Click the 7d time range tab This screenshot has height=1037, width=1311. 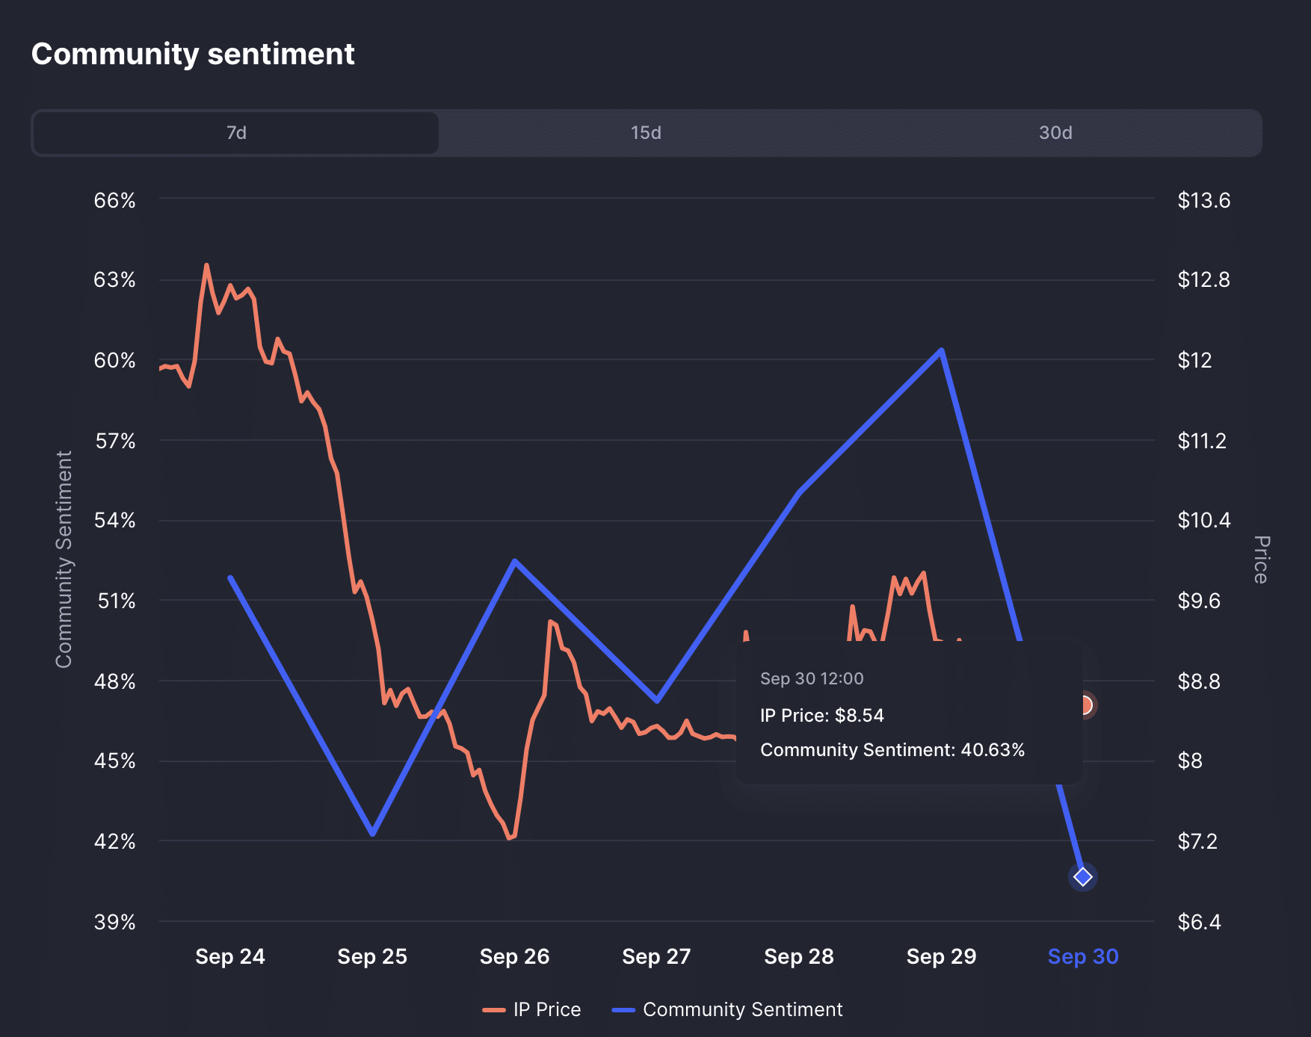click(x=236, y=133)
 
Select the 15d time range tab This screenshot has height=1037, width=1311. click(x=646, y=133)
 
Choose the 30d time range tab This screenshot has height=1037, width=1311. click(x=1055, y=133)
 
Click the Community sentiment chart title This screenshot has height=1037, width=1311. click(x=193, y=54)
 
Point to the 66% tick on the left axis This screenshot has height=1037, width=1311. click(x=114, y=200)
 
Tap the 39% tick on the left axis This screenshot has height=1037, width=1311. click(x=114, y=922)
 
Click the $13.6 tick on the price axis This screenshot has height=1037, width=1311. click(x=1203, y=200)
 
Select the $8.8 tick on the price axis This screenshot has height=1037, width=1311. click(x=1198, y=681)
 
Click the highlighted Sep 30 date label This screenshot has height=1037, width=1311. click(x=1082, y=956)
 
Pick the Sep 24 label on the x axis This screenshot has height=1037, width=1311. click(x=229, y=956)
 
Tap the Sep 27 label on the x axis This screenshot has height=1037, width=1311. click(x=656, y=956)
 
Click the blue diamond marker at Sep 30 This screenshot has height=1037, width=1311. click(x=1082, y=876)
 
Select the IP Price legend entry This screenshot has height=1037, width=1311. click(x=532, y=1009)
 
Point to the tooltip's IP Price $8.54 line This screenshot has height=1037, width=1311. click(x=821, y=716)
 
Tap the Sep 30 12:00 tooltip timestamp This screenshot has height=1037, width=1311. click(x=811, y=678)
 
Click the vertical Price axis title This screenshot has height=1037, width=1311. click(x=1261, y=559)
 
